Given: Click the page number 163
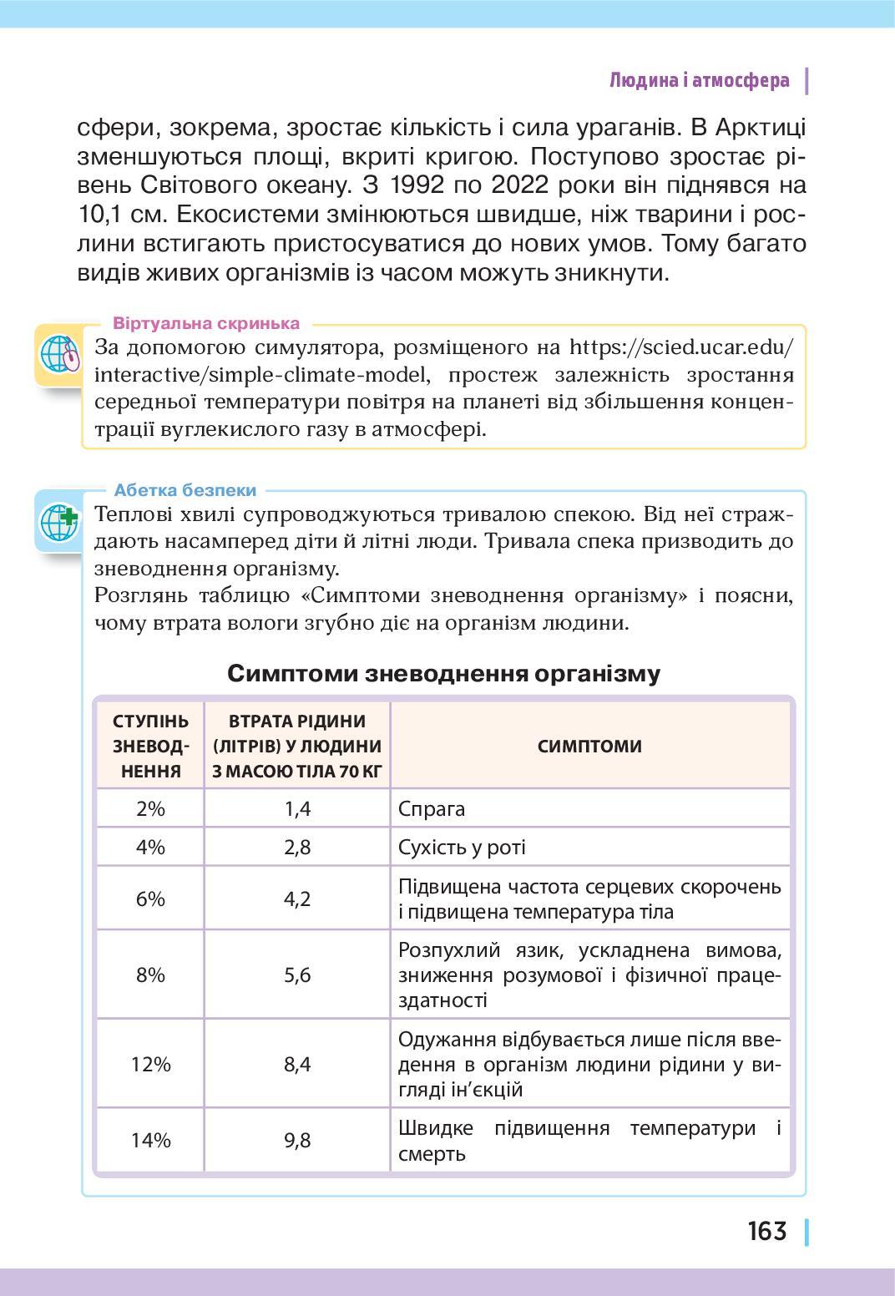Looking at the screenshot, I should [x=766, y=1231].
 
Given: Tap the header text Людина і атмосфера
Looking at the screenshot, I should [x=699, y=81].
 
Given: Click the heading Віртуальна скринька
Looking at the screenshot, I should [x=206, y=323].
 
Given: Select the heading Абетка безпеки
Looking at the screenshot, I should [x=185, y=490].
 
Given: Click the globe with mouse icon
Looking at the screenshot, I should [x=59, y=354].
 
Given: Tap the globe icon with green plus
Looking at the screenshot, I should [x=59, y=522].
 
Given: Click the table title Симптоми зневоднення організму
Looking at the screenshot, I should [x=443, y=673].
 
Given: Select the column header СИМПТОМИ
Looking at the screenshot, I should [x=589, y=746].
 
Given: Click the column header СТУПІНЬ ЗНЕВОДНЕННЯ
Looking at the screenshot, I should [x=150, y=746].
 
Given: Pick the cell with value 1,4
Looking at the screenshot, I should [x=297, y=808].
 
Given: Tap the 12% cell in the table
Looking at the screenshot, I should [x=150, y=1064].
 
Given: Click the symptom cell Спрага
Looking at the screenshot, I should [x=432, y=808].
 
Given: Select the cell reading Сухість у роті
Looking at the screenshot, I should [x=462, y=848].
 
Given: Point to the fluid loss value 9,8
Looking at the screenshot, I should [x=297, y=1140].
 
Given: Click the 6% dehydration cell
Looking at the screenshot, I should [x=150, y=899].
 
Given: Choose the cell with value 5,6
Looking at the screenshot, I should [x=297, y=975].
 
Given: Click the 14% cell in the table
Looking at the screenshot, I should [x=150, y=1140].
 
